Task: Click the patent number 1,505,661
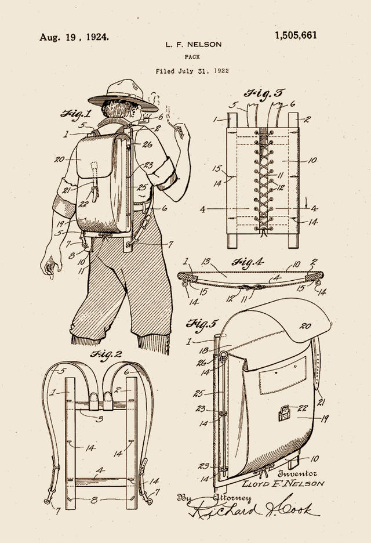click(296, 35)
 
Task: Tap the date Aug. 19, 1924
click(74, 37)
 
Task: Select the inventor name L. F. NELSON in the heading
click(193, 44)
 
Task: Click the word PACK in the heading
click(192, 57)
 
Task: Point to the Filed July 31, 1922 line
click(192, 71)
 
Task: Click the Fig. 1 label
click(76, 114)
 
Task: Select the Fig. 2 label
click(106, 354)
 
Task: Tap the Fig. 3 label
click(264, 93)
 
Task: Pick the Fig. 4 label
click(248, 262)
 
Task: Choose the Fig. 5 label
click(202, 324)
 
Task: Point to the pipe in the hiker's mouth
click(145, 120)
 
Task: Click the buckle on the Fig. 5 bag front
click(284, 413)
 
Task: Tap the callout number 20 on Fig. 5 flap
click(305, 326)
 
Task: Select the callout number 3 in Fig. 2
click(100, 419)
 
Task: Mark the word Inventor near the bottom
click(297, 473)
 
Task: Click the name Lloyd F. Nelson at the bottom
click(283, 483)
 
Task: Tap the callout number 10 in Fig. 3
click(312, 160)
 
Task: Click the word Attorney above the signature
click(232, 498)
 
